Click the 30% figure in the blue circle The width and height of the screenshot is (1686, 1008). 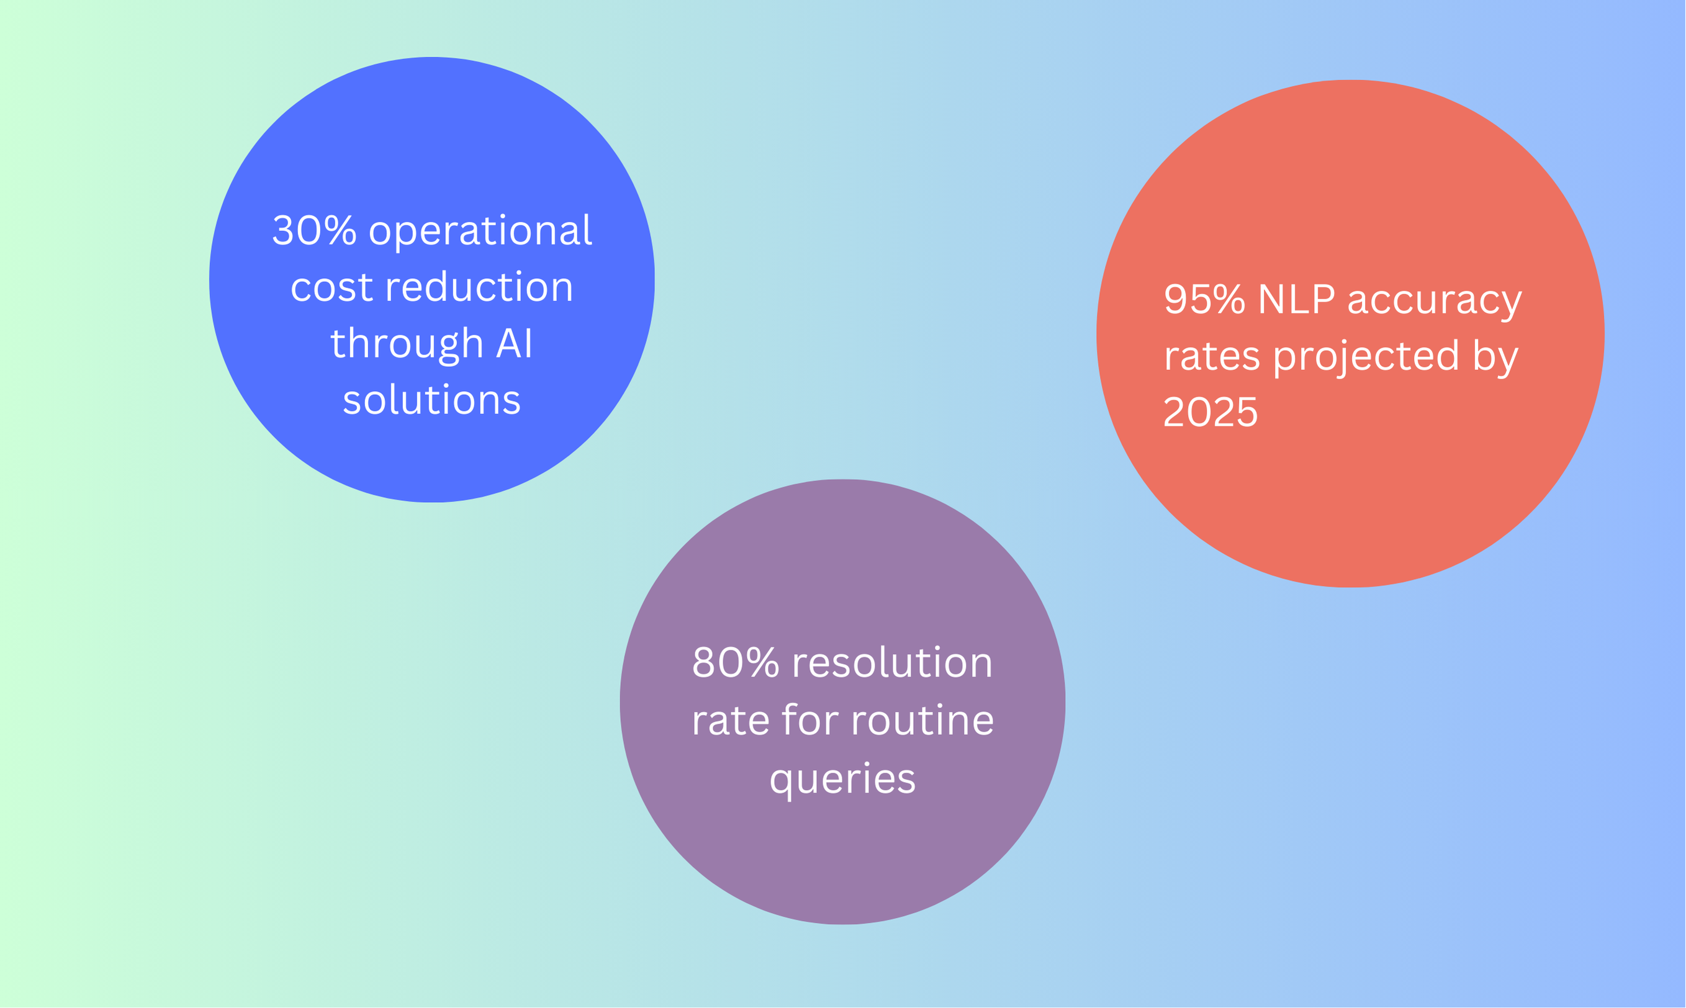point(314,231)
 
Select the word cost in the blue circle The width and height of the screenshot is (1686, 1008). point(331,287)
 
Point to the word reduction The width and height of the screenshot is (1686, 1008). point(479,287)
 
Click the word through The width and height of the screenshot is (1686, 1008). point(406,344)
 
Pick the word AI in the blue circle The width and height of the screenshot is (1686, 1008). point(514,344)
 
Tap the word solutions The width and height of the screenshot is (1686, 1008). point(431,400)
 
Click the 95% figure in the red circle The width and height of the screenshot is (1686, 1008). point(1204,300)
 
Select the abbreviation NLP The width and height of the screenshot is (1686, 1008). point(1296,300)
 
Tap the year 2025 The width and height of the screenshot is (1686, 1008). point(1210,412)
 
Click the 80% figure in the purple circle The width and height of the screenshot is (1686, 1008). point(735,663)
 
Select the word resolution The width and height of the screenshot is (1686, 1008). point(892,663)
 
